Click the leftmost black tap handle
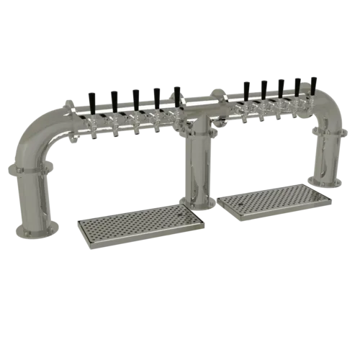click(91, 100)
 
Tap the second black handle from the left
click(114, 95)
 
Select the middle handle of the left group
click(135, 95)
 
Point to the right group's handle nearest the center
click(247, 90)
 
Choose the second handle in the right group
click(265, 89)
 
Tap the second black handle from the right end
click(297, 85)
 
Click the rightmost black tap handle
click(314, 83)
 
